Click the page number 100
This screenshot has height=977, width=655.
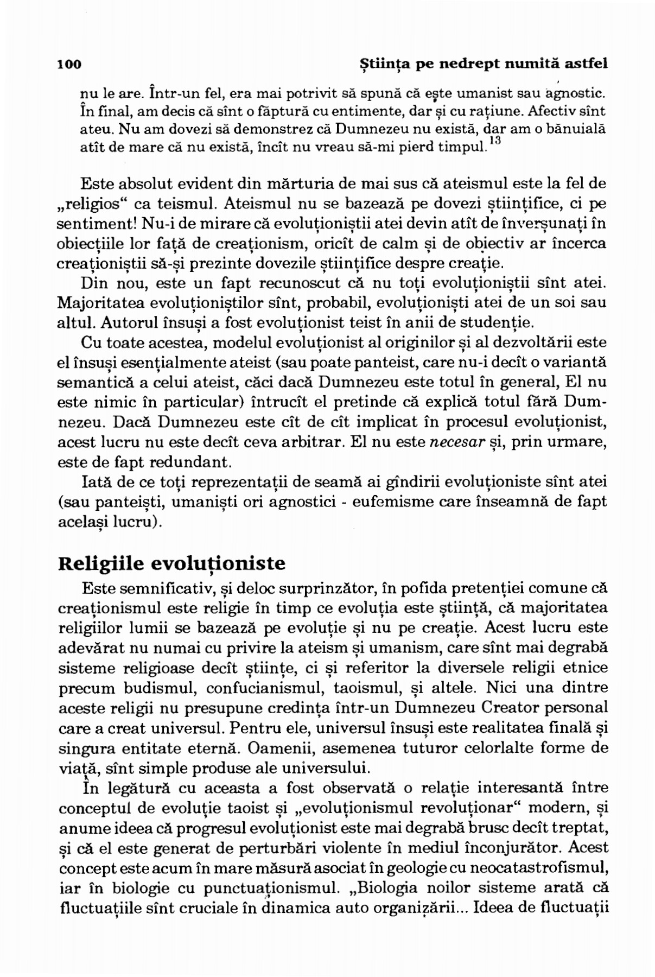69,65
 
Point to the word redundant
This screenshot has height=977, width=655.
180,462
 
